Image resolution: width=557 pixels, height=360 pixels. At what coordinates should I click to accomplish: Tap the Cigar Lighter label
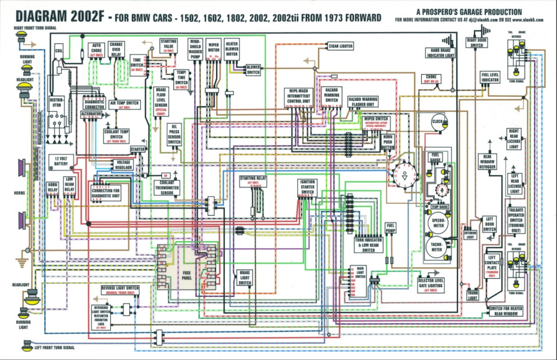click(341, 45)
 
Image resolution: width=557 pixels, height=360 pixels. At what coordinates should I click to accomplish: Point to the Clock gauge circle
click(439, 121)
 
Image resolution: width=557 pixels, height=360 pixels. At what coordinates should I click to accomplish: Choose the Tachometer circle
click(437, 248)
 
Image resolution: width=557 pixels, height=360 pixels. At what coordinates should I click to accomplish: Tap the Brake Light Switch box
click(245, 279)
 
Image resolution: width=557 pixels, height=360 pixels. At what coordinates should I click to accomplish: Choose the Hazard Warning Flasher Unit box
click(363, 103)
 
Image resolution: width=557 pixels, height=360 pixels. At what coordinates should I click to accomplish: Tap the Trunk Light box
click(473, 295)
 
